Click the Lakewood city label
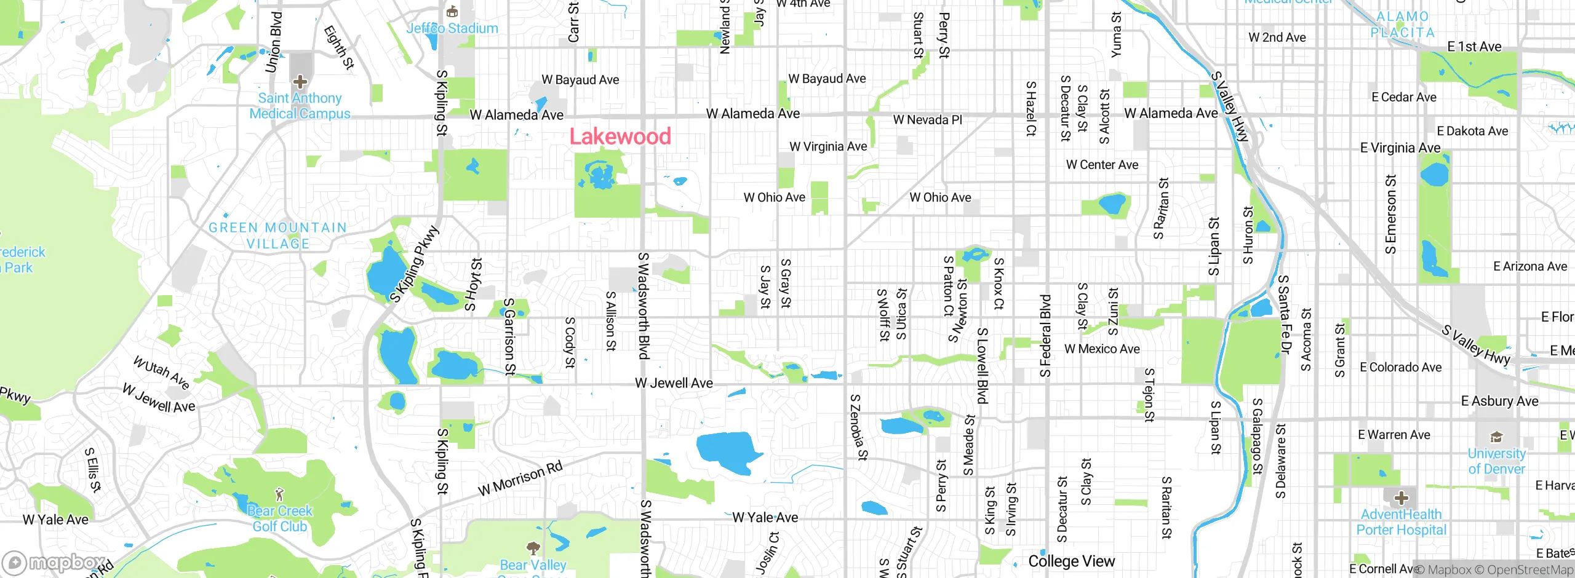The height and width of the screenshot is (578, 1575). point(620,137)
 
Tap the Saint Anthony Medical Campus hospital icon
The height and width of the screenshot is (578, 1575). point(300,82)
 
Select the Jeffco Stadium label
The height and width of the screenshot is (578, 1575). point(452,28)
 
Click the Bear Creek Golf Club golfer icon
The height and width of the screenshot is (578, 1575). point(280,494)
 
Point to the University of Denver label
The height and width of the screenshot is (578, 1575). point(1496,461)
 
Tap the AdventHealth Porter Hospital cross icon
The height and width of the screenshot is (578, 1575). point(1401,497)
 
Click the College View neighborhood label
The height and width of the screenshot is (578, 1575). point(1071,561)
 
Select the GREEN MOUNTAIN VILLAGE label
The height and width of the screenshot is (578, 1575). point(277,236)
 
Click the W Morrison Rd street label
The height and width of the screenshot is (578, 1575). point(520,478)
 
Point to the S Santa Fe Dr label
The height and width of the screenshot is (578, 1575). point(1284,314)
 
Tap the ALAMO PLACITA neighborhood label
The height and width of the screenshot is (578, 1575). point(1402,25)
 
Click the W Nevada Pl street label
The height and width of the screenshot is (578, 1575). point(927,120)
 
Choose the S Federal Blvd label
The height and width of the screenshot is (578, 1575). point(1045,336)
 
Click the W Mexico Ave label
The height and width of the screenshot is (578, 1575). point(1102,349)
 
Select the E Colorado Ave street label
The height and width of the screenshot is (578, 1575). point(1400,368)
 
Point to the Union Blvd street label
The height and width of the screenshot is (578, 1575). point(274,42)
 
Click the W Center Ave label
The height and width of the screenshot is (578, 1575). point(1102,165)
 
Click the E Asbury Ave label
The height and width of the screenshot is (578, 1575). point(1499,402)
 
